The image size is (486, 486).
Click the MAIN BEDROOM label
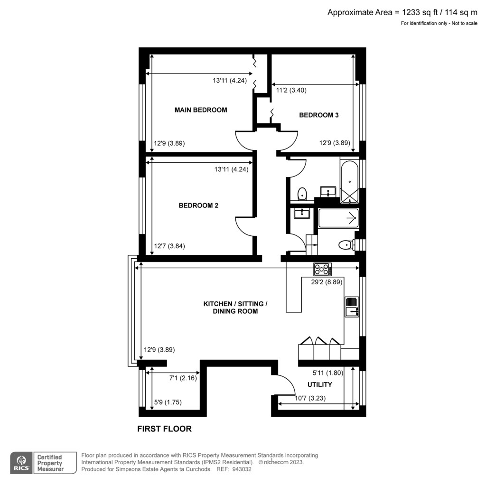[x=201, y=110]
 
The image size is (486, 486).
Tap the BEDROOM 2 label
[x=198, y=206]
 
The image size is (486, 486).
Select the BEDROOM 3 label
[x=318, y=115]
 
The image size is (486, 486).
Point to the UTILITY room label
[x=319, y=384]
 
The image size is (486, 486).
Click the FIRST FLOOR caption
[x=164, y=429]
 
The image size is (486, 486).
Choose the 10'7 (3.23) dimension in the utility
[x=311, y=398]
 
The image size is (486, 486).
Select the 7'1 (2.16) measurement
[x=183, y=378]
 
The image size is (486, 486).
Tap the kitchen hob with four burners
[x=322, y=269]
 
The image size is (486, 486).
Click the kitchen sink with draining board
[x=351, y=306]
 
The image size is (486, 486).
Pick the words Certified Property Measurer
[x=50, y=463]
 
